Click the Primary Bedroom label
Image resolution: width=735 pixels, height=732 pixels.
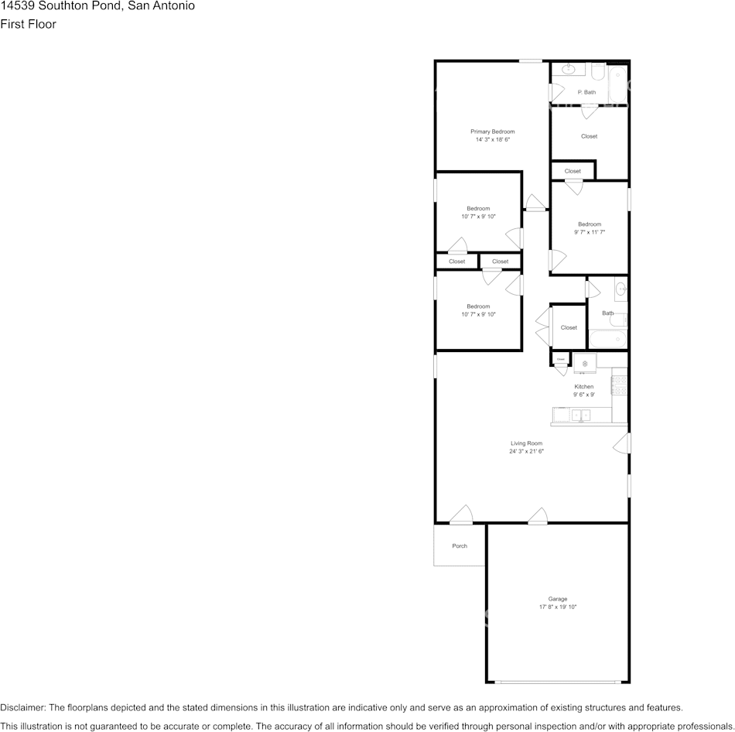click(x=492, y=132)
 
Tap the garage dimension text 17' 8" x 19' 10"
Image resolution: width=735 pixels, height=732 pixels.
click(x=557, y=607)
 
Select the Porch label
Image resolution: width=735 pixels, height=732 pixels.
click(x=460, y=546)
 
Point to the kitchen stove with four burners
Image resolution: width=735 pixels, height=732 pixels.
click(x=619, y=385)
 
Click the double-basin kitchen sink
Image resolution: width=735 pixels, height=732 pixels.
click(x=580, y=416)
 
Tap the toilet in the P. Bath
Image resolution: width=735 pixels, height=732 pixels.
click(x=597, y=72)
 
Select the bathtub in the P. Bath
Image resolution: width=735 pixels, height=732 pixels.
click(x=617, y=85)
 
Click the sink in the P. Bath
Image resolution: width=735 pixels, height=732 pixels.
click(x=569, y=70)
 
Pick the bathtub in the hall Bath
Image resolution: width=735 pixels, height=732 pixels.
click(x=607, y=339)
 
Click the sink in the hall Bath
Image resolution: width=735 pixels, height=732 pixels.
click(x=620, y=291)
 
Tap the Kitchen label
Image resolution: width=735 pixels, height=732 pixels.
click(x=583, y=387)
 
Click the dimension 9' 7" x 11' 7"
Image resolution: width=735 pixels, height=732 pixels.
click(x=589, y=232)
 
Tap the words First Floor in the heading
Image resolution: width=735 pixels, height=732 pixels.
click(x=28, y=24)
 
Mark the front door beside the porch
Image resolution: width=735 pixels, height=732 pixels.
click(x=461, y=515)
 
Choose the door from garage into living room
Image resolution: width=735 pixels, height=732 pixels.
click(x=538, y=516)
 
